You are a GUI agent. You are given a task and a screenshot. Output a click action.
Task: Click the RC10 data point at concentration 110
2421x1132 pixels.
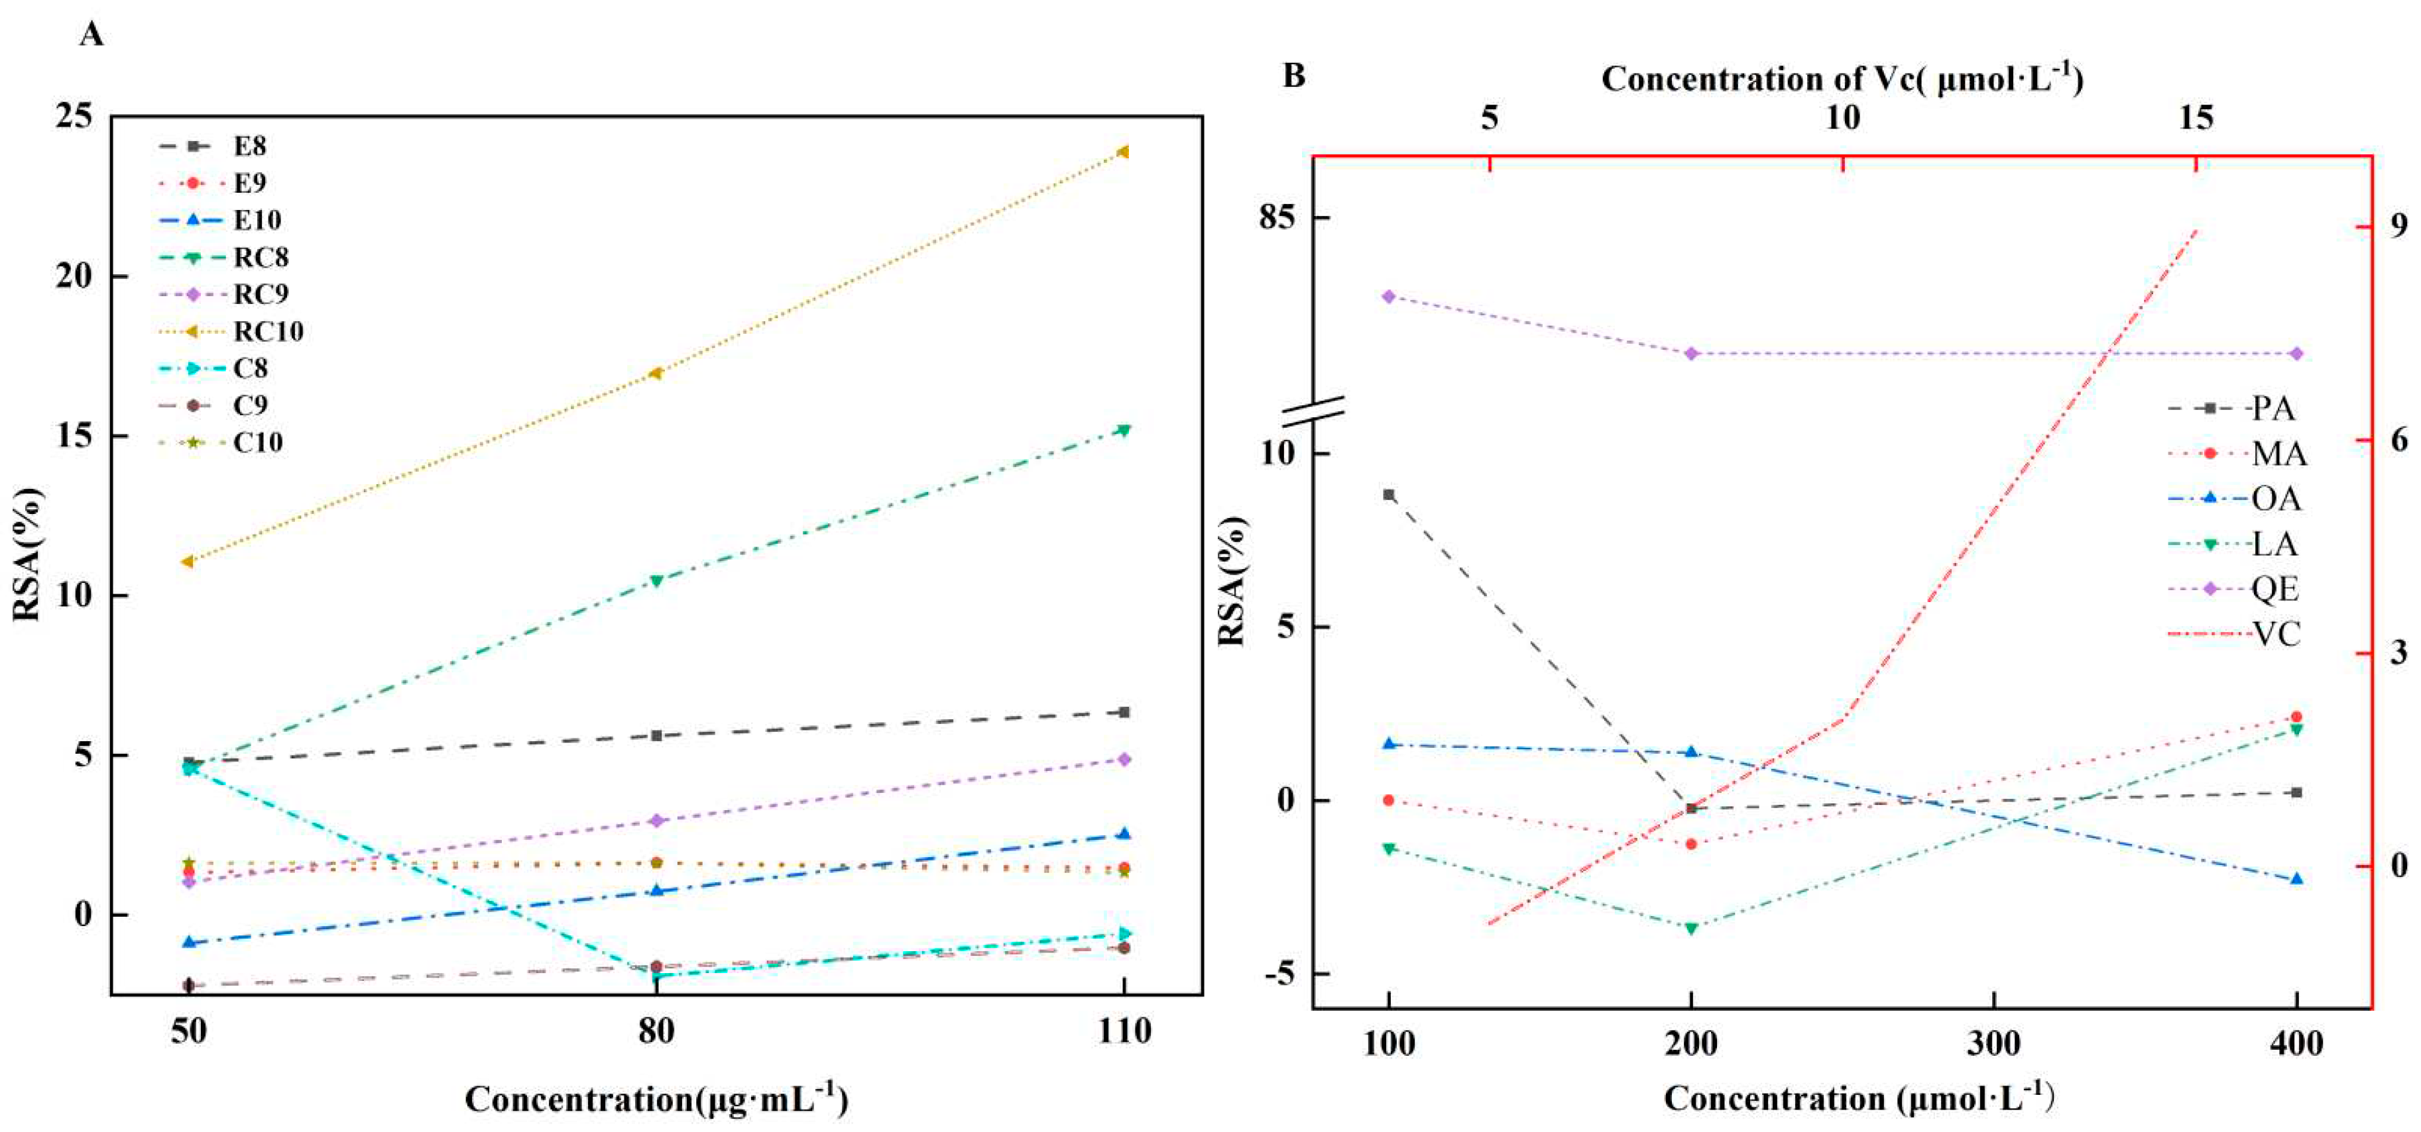[1122, 151]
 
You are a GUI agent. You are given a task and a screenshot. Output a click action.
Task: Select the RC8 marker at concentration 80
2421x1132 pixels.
[656, 580]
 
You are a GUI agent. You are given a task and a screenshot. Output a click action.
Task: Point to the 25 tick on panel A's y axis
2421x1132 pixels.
[75, 117]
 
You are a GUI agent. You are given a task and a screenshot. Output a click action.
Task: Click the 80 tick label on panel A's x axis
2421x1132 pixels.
[656, 1031]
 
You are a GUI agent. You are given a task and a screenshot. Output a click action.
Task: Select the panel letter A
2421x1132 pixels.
[91, 34]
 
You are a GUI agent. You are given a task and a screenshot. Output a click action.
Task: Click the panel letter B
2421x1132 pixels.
[1293, 75]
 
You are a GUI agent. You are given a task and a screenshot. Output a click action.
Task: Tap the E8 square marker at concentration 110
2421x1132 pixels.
[1123, 712]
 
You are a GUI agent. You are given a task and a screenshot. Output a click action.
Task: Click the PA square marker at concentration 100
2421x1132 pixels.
[1388, 494]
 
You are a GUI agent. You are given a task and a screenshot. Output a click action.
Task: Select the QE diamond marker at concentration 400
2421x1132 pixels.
[2296, 353]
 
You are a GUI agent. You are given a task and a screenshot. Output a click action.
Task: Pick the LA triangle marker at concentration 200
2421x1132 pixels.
[1690, 928]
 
